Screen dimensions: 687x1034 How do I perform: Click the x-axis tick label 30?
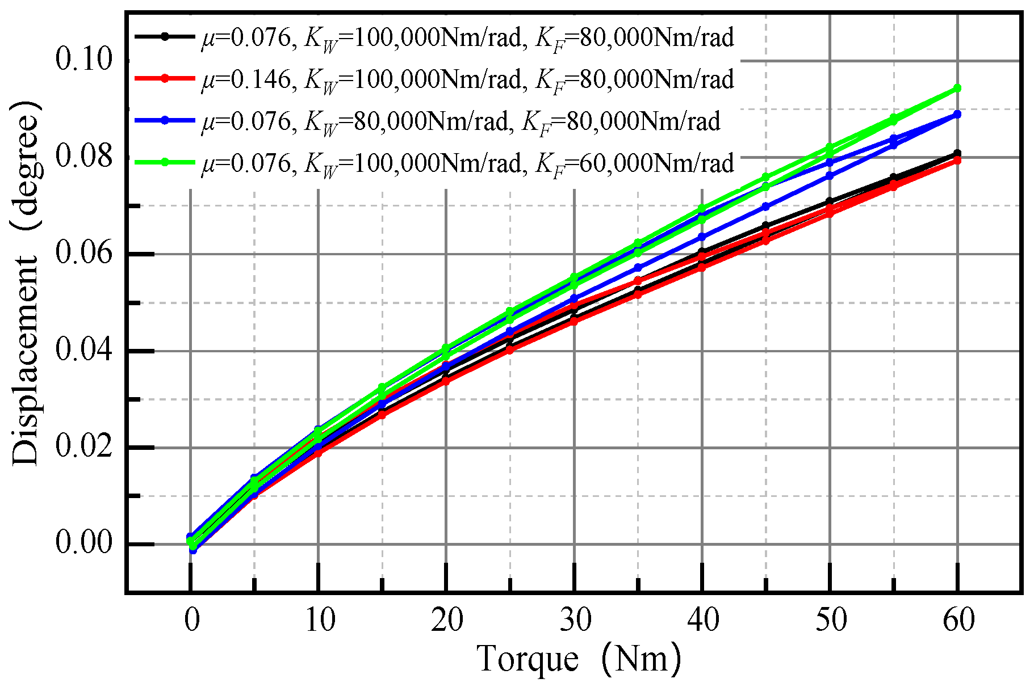pos(575,620)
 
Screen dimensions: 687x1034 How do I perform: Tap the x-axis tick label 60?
pos(958,620)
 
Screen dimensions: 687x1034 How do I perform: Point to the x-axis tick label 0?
pos(192,620)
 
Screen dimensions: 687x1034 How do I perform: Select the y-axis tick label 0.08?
pos(87,157)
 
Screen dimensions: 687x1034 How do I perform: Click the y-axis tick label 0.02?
pos(87,446)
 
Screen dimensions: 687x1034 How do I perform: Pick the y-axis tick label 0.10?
pos(87,60)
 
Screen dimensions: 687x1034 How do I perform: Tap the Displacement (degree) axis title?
pos(26,284)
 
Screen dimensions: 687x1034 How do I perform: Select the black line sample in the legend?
pos(164,36)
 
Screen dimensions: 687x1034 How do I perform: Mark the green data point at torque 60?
pos(957,88)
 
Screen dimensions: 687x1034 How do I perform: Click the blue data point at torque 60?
pos(957,114)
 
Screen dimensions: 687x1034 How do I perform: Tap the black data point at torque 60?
pos(957,153)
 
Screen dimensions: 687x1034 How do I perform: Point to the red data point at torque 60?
pos(957,161)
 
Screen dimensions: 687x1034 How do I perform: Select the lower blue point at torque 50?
pos(830,176)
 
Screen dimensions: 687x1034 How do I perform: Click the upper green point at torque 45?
pos(765,177)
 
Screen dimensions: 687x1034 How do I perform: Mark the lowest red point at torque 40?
pos(702,267)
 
